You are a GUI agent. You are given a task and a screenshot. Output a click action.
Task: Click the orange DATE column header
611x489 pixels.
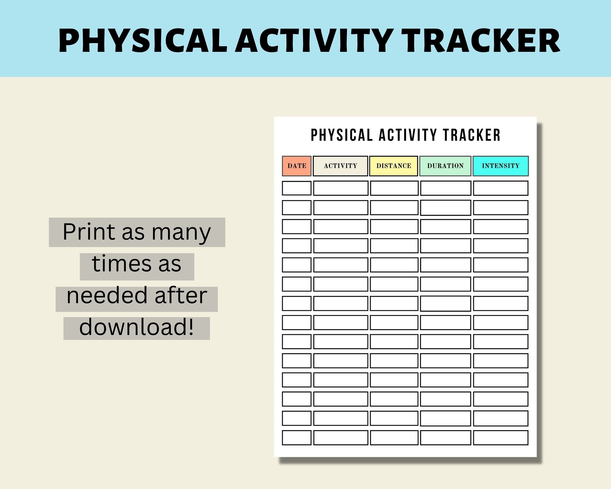296,166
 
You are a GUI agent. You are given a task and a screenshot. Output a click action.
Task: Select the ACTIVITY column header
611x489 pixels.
340,166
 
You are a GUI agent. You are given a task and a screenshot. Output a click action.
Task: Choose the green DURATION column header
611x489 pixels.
445,166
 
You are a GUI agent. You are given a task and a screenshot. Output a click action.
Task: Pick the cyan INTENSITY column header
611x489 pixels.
501,166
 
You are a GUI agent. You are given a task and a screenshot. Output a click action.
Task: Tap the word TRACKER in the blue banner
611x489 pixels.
481,41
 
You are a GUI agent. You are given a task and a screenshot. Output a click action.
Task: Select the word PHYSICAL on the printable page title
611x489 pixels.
342,135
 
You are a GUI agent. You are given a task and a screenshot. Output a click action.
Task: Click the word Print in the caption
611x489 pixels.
88,232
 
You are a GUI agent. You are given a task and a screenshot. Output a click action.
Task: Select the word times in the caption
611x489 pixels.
121,264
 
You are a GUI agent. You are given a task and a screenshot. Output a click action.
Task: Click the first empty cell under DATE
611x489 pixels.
296,188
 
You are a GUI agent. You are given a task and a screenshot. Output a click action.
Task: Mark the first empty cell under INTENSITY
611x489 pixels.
501,188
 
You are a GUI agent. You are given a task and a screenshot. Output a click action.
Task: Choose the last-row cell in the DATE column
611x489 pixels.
296,437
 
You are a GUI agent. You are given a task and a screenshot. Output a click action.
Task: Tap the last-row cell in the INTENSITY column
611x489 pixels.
501,437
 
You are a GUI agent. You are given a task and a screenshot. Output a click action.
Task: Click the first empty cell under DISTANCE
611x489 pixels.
394,188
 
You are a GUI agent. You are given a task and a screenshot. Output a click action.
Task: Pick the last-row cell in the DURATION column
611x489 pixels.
445,437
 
